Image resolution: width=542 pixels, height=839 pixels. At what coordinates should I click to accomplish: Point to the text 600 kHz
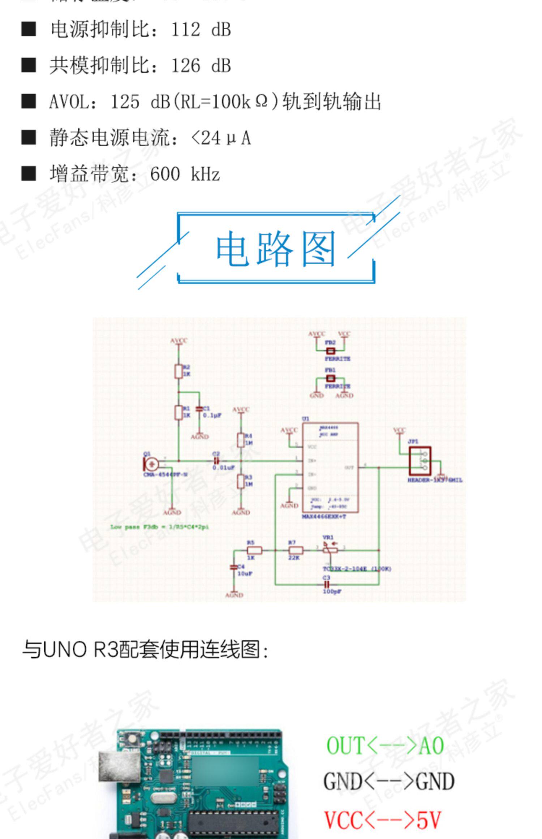click(x=185, y=174)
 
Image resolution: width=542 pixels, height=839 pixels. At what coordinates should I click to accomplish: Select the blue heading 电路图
click(x=276, y=249)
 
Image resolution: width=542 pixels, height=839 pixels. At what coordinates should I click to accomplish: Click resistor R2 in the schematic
click(x=178, y=371)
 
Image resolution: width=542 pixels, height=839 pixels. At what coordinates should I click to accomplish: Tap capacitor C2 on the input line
click(x=216, y=461)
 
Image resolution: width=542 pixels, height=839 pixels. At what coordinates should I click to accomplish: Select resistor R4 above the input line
click(x=241, y=440)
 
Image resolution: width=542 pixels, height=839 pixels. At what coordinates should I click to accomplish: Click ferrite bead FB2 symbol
click(x=330, y=350)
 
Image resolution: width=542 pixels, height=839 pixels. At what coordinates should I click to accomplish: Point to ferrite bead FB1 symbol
click(x=330, y=378)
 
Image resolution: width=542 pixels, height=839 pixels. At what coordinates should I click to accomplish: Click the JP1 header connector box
click(x=420, y=461)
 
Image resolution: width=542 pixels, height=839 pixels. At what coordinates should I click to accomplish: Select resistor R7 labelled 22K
click(x=296, y=550)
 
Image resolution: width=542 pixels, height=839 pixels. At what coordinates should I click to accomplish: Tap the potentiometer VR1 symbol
click(x=330, y=550)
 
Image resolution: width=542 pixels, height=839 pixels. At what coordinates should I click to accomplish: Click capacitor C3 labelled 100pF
click(x=327, y=584)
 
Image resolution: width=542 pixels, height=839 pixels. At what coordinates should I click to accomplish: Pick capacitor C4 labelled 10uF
click(x=234, y=568)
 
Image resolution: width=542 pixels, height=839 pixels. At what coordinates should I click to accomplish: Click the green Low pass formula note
click(x=159, y=527)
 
